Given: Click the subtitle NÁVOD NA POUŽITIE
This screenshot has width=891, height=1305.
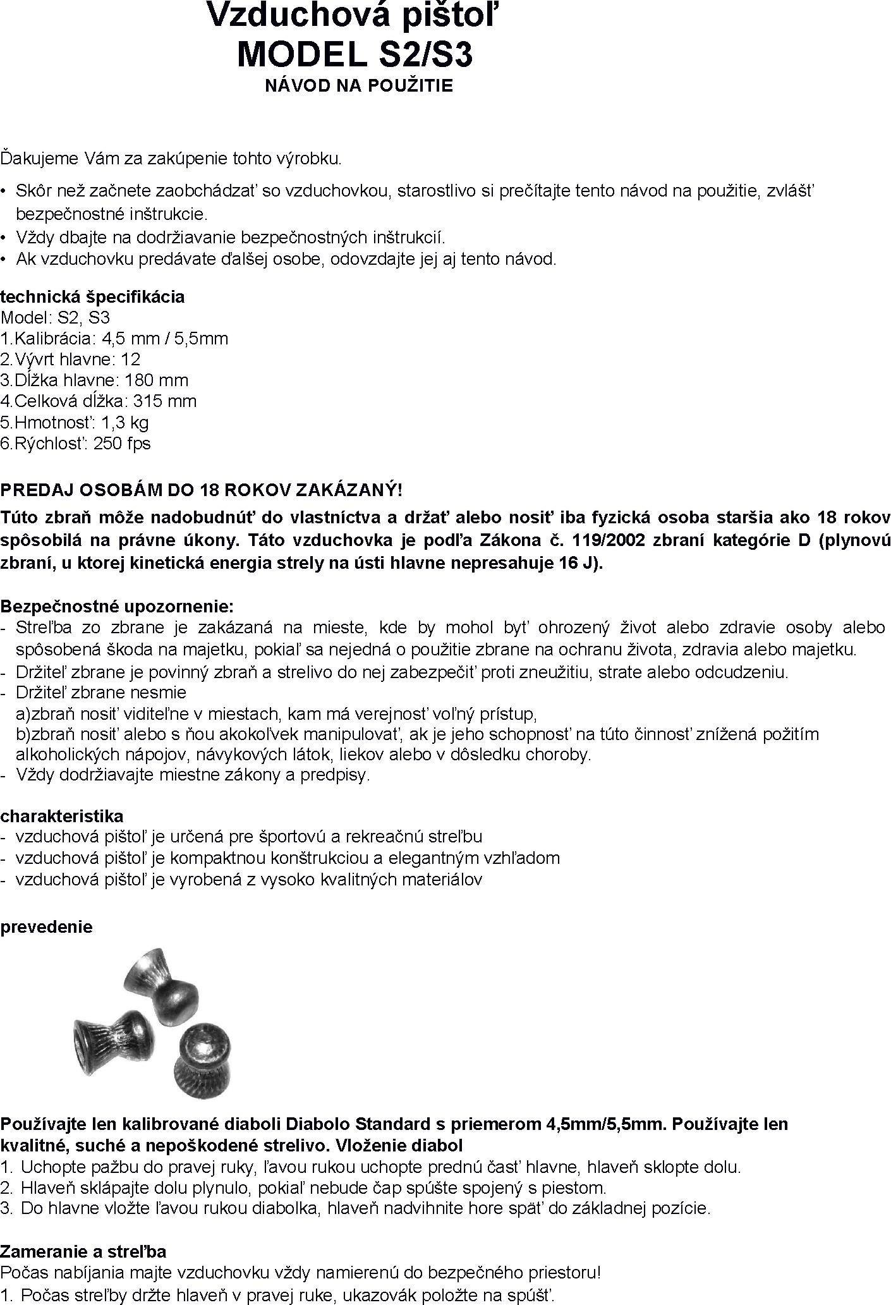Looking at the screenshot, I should [x=359, y=86].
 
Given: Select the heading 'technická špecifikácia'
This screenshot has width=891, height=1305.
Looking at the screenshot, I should [x=93, y=297].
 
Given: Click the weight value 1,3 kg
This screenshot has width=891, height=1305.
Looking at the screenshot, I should [x=125, y=422].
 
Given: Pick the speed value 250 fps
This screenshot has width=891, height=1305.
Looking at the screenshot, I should [x=122, y=443].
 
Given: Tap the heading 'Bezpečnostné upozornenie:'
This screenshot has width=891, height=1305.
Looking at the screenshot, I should [x=117, y=607].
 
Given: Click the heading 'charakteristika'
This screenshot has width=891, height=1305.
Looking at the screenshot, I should [x=62, y=816].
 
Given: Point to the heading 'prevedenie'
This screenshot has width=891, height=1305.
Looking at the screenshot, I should [x=47, y=926].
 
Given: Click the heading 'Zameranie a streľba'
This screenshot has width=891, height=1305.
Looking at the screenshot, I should [x=83, y=1251].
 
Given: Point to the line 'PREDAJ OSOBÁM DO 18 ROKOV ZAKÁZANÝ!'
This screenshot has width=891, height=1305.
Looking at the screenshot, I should [x=201, y=490].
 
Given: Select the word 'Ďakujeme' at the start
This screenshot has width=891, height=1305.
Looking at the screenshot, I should [x=39, y=158].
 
